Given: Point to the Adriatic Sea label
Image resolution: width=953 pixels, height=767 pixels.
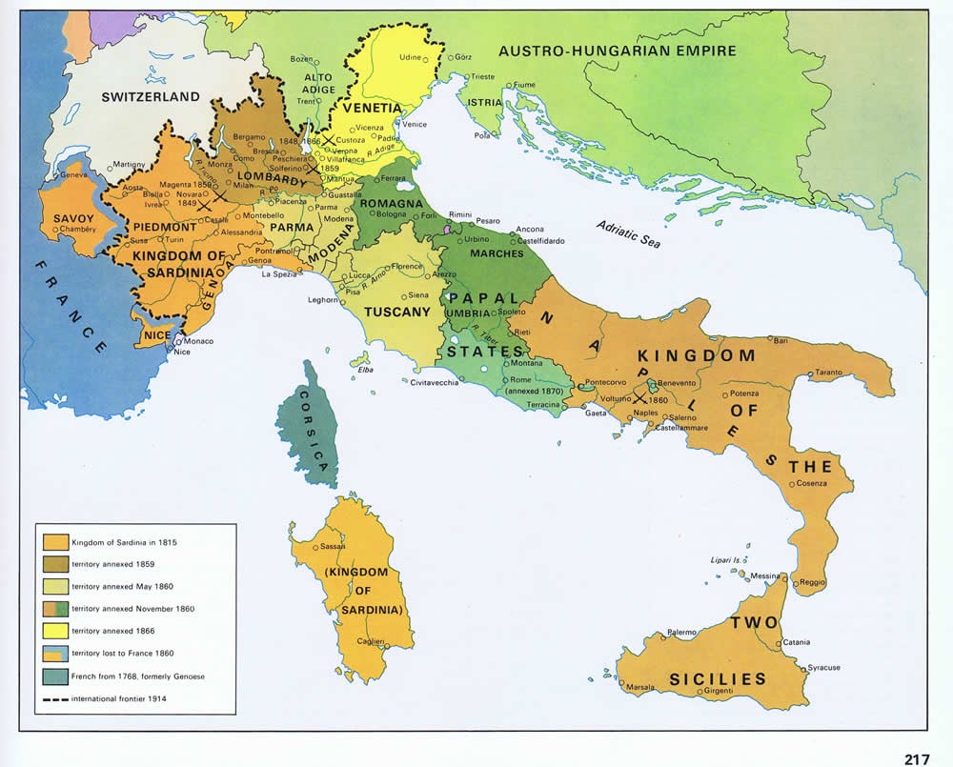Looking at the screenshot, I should pos(628,234).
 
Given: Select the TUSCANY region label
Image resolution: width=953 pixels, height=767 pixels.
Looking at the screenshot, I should pos(391,313).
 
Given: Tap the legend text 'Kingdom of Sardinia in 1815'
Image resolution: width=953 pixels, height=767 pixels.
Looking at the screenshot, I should pos(124,541).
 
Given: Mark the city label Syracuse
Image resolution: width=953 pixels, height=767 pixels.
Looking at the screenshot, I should pos(824,668).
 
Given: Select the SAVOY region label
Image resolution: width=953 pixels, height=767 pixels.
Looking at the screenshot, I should pos(73,218).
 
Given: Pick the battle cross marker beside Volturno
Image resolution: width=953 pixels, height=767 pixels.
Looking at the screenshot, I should pos(639,397).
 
